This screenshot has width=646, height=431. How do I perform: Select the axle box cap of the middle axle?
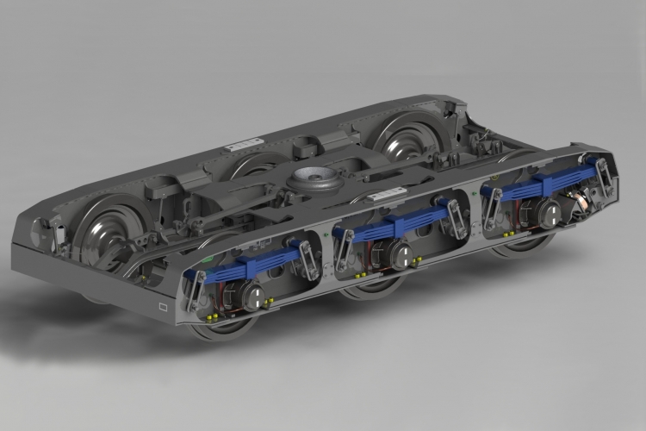401,252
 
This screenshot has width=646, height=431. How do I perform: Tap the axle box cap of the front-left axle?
252,297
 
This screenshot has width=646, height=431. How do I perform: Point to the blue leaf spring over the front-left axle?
250,268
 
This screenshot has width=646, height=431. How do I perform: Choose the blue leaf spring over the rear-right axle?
543,184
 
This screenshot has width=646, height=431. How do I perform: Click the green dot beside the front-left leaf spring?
205,258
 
